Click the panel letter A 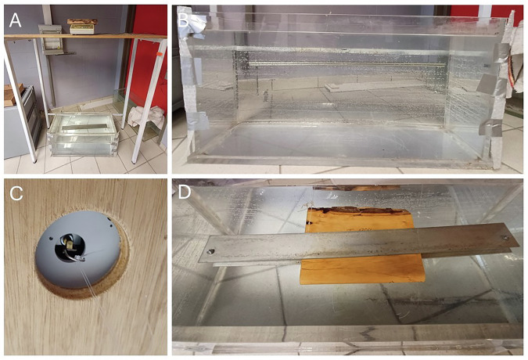tap(15, 21)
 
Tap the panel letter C tap(16, 193)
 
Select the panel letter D tap(185, 192)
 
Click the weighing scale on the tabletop tap(82, 29)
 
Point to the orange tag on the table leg tap(160, 53)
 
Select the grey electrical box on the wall tap(50, 39)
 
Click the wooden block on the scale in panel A tap(82, 21)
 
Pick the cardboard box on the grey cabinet tap(12, 94)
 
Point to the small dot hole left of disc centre tap(51, 239)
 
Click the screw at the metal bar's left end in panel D tap(210, 251)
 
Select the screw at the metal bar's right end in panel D tap(505, 237)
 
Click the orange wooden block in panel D tap(362, 246)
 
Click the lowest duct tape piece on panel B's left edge tap(198, 121)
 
